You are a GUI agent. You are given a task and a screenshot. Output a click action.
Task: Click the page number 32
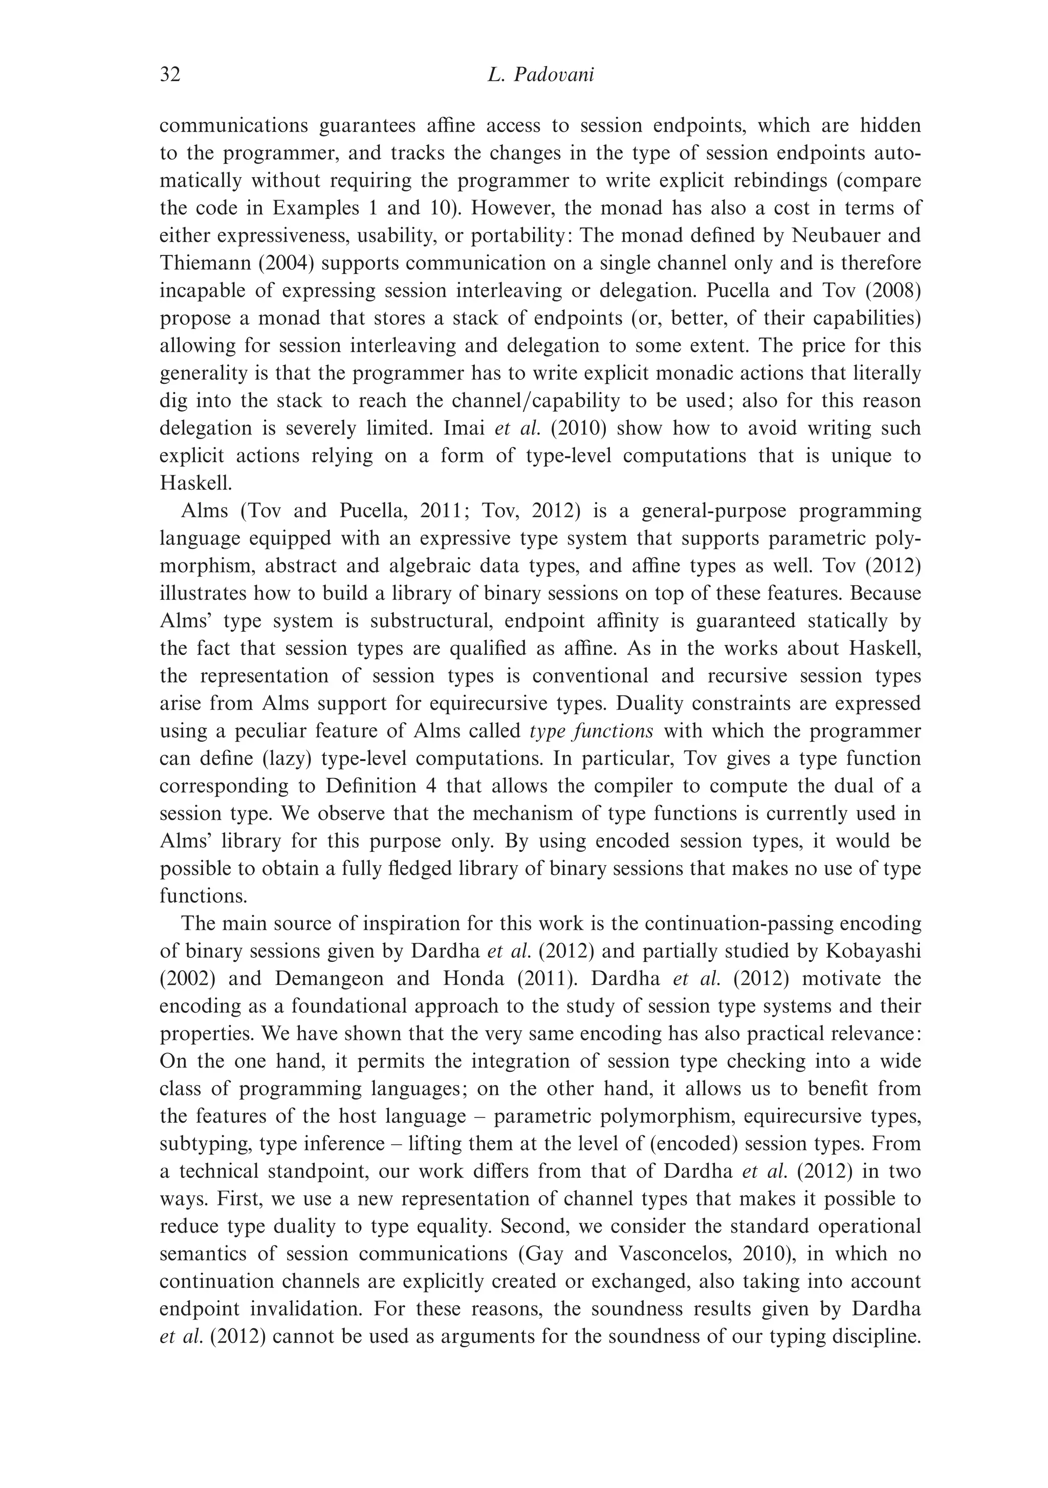coord(170,75)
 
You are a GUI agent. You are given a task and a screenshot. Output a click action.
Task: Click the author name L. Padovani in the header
coord(540,75)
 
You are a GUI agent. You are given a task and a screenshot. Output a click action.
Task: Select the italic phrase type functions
coord(591,731)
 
